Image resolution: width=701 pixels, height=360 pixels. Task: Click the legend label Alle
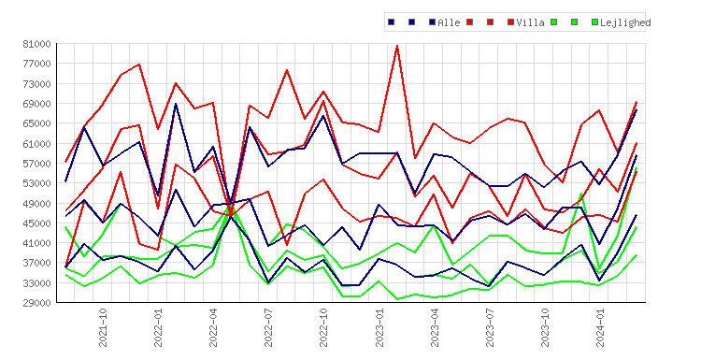coord(449,22)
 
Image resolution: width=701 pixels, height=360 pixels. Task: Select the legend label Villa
coord(530,22)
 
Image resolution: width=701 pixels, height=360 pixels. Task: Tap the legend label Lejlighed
coord(625,22)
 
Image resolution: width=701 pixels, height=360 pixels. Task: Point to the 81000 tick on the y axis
coord(36,44)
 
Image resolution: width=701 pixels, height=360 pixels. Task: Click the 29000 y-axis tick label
coord(36,303)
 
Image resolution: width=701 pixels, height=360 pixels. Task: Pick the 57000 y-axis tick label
coord(36,164)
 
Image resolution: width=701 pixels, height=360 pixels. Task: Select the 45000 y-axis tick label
coord(36,223)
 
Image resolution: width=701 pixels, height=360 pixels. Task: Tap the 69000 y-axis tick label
coord(36,104)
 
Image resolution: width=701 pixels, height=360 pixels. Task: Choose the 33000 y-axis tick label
coord(36,283)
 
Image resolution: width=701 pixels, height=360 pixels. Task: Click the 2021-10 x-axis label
coord(103,327)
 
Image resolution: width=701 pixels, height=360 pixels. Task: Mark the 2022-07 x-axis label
coord(268,327)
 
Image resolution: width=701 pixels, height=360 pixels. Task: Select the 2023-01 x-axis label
coord(379,327)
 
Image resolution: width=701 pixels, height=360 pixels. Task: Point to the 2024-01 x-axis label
coord(600,327)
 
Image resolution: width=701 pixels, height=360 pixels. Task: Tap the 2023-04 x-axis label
coord(435,327)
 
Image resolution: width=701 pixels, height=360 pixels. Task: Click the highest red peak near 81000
coord(397,46)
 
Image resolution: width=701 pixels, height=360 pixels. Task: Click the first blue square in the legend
coord(392,22)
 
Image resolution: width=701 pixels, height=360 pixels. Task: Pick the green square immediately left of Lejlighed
coord(594,22)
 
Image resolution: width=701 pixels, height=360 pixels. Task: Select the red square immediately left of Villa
coord(510,22)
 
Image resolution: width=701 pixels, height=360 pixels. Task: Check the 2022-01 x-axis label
coord(158,327)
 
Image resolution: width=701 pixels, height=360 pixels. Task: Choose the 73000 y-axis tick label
coord(36,84)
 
